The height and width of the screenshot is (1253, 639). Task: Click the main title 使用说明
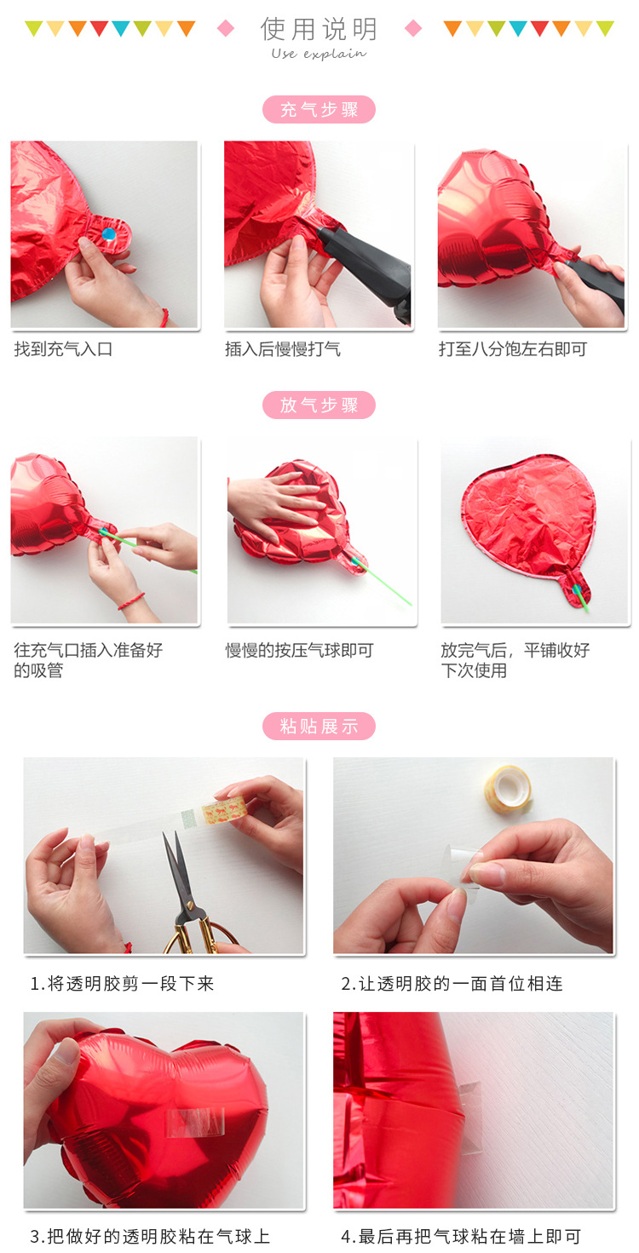(x=319, y=28)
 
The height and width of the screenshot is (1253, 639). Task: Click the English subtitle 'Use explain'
(x=319, y=54)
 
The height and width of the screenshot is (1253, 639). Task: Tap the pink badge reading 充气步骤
(x=319, y=110)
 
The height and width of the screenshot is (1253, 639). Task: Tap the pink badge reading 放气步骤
(x=319, y=405)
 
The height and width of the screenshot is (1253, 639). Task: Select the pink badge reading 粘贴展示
(x=319, y=727)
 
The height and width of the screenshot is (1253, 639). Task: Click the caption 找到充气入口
(x=63, y=349)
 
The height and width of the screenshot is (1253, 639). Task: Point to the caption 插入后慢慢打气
(x=283, y=349)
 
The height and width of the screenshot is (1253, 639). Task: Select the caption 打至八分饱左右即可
(x=513, y=349)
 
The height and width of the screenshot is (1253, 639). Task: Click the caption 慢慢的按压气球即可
(x=300, y=651)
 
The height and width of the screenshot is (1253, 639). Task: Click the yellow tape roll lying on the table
(x=508, y=787)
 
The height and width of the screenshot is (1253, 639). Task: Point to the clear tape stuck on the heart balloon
(x=194, y=1121)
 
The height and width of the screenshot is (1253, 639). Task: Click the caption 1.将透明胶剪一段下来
(x=123, y=984)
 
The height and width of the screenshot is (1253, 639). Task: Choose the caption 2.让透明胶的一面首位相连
(x=452, y=984)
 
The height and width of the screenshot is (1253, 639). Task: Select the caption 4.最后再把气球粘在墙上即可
(x=461, y=1236)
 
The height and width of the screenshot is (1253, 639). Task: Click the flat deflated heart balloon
(x=528, y=520)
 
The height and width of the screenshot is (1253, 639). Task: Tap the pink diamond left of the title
(x=226, y=29)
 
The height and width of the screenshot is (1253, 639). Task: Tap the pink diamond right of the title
(x=413, y=29)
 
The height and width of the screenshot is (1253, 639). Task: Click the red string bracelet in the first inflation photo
(x=164, y=318)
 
